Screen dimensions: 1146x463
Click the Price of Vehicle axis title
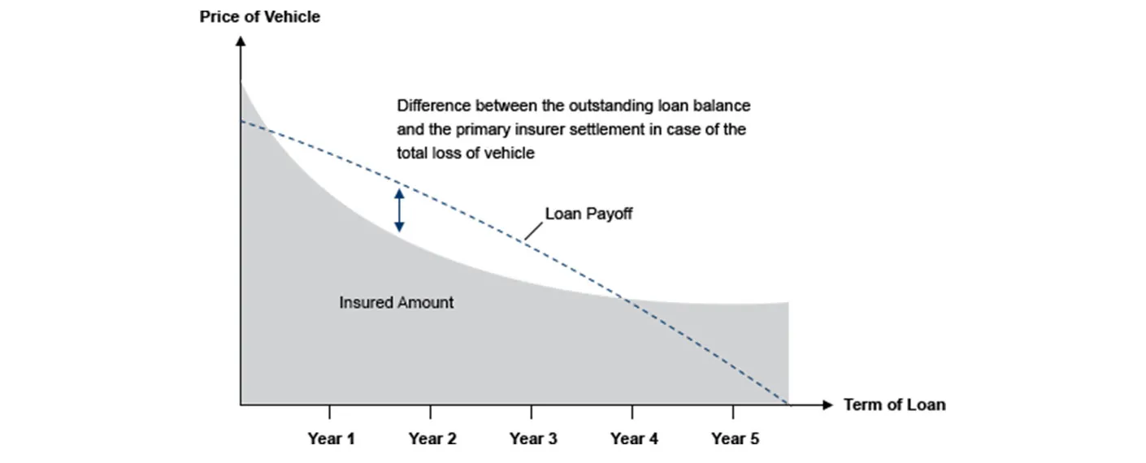click(259, 17)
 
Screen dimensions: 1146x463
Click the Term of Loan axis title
click(894, 405)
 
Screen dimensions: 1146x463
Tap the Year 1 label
click(331, 439)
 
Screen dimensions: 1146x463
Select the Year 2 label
click(432, 439)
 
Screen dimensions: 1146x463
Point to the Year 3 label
click(532, 439)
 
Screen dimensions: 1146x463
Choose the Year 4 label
click(634, 439)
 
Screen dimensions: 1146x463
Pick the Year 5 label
click(735, 439)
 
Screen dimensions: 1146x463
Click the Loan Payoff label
click(588, 214)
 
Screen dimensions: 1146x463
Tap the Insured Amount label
click(397, 302)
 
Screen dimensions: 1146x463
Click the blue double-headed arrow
click(400, 210)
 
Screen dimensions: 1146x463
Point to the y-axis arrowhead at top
click(241, 41)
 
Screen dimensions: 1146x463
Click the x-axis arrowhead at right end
click(828, 405)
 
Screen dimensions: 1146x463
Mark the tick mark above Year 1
click(329, 412)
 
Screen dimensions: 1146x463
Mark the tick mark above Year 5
click(733, 412)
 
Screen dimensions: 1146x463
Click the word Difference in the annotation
click(433, 106)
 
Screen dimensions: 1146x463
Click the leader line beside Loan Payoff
click(534, 231)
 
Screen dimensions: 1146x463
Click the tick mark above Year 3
click(531, 412)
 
